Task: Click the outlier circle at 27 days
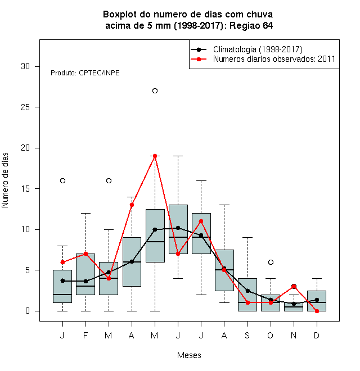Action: click(155, 91)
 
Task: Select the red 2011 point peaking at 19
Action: click(155, 156)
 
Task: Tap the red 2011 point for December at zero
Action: click(317, 311)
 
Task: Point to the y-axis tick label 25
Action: click(25, 107)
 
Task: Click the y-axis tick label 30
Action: click(25, 66)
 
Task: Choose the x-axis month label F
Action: click(85, 335)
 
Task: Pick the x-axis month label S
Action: click(247, 335)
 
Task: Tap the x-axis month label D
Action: click(317, 335)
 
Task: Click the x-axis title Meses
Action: click(189, 355)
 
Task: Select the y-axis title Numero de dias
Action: click(5, 180)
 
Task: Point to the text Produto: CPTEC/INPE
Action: click(85, 73)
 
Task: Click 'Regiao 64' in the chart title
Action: click(251, 25)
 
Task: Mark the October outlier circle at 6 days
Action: click(271, 262)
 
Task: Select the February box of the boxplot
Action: click(85, 274)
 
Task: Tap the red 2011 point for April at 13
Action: click(132, 205)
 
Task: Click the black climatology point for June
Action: click(178, 228)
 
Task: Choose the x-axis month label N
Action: click(294, 335)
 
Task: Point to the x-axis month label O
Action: click(270, 335)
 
